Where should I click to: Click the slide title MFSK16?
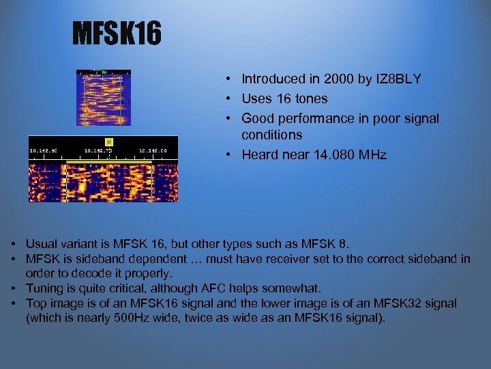[x=117, y=33]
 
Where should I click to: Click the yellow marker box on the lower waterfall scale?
[x=108, y=142]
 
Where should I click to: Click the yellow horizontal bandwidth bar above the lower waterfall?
[x=103, y=162]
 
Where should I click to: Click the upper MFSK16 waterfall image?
[x=103, y=99]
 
